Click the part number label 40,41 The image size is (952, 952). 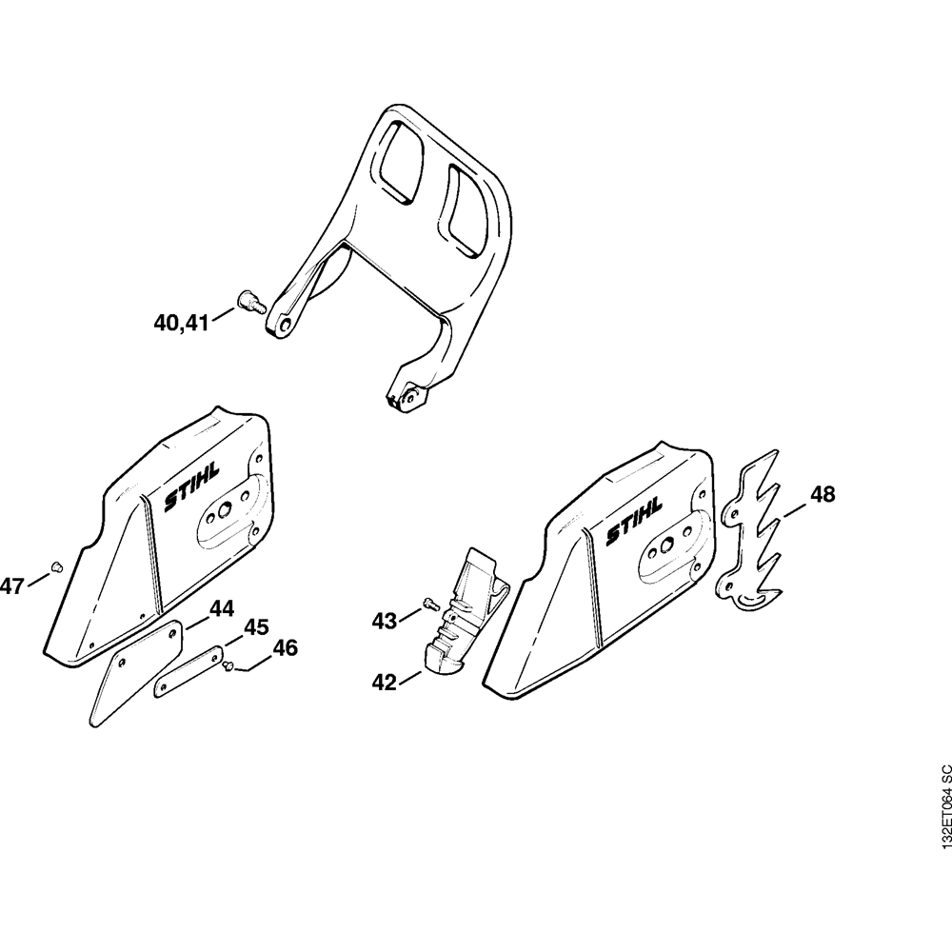pos(181,324)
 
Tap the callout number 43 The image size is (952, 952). pos(384,622)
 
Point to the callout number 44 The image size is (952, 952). pos(221,608)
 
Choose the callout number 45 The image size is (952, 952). pos(256,627)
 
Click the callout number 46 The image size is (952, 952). pos(285,648)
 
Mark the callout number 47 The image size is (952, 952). pos(11,586)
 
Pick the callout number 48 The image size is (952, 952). pos(823,495)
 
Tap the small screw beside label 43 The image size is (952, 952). pos(429,602)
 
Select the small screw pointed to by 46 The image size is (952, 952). pos(229,666)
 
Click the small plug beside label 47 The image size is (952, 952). pos(55,566)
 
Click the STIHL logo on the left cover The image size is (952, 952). pos(190,486)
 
